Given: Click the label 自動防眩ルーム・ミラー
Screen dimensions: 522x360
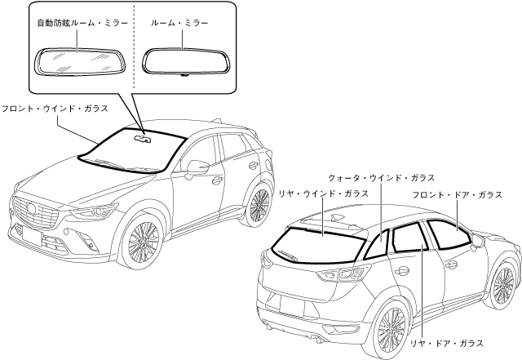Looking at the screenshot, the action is pyautogui.click(x=82, y=24).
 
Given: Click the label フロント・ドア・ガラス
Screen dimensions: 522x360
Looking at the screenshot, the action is pyautogui.click(x=457, y=194).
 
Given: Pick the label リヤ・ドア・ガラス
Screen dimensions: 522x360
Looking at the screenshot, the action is pyautogui.click(x=447, y=344).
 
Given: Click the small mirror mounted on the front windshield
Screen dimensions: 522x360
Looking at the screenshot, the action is pyautogui.click(x=144, y=137).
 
